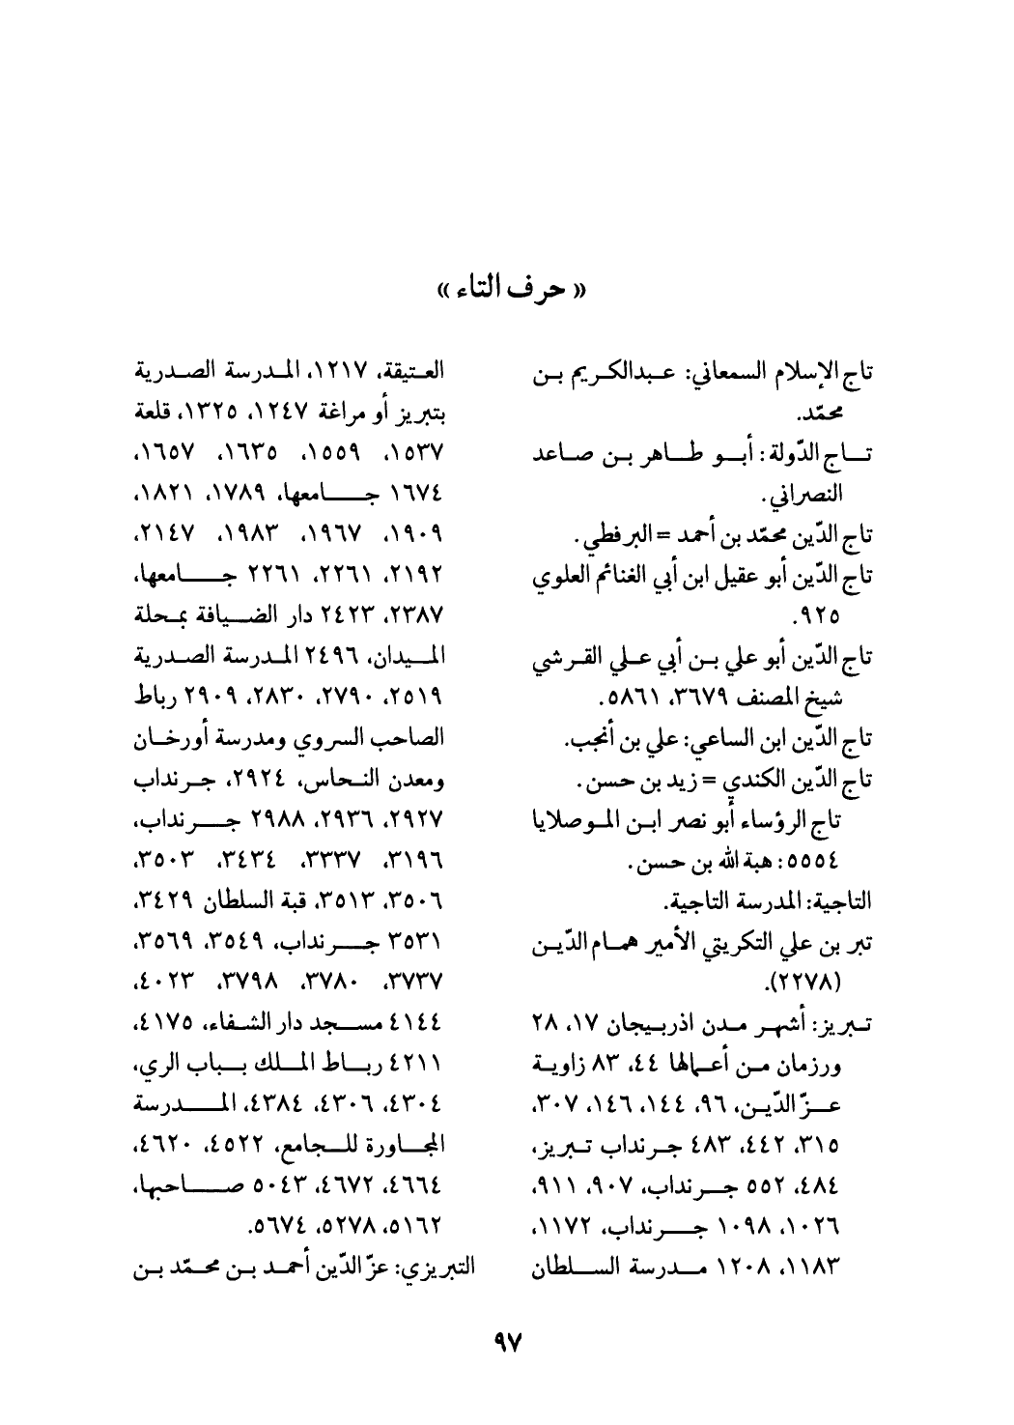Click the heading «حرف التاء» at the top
[x=506, y=288]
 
